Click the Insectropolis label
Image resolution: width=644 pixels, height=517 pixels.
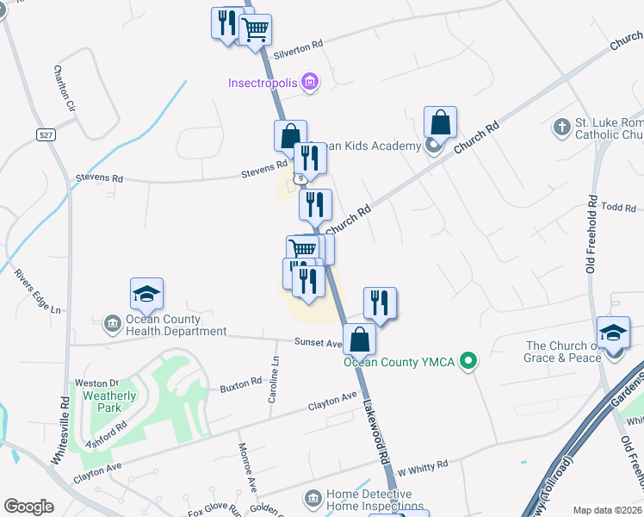[263, 84]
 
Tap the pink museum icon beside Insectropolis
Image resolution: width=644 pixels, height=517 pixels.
[310, 84]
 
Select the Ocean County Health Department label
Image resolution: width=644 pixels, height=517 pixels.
[176, 324]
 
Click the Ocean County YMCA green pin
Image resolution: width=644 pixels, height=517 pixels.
[468, 361]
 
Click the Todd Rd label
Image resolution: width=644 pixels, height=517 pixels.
[619, 207]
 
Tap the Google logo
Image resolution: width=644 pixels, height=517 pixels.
[29, 507]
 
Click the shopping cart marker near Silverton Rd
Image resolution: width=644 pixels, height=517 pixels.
[255, 30]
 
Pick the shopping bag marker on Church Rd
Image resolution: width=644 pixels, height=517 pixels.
[440, 122]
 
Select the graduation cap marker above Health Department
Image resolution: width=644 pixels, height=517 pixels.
[146, 295]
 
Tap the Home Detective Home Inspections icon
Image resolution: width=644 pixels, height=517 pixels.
[313, 499]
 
